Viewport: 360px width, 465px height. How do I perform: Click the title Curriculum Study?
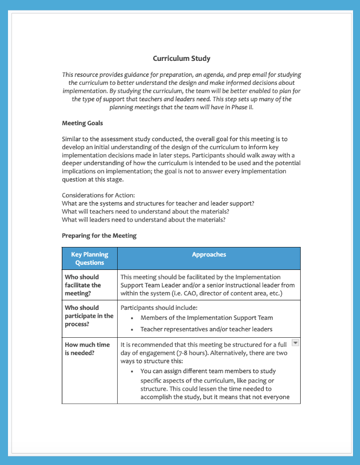(181, 58)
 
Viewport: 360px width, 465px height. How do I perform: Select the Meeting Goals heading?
(82, 123)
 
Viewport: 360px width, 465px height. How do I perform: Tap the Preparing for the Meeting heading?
(99, 235)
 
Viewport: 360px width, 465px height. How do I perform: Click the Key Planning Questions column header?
(90, 258)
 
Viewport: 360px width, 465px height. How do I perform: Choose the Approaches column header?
(209, 254)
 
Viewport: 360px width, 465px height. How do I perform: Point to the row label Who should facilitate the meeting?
(83, 285)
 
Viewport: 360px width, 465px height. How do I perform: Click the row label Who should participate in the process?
(89, 316)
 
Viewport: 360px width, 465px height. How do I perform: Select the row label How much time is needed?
(87, 349)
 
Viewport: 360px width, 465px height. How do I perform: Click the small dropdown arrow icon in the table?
(295, 342)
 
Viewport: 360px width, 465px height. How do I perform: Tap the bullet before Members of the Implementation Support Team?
(132, 318)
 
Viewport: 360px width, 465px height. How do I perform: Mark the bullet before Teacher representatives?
(132, 330)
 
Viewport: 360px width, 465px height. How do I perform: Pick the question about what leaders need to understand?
(143, 219)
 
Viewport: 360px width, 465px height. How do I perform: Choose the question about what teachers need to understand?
(145, 211)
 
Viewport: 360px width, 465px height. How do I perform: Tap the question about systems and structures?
(158, 203)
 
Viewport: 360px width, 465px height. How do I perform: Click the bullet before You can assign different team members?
(132, 372)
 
